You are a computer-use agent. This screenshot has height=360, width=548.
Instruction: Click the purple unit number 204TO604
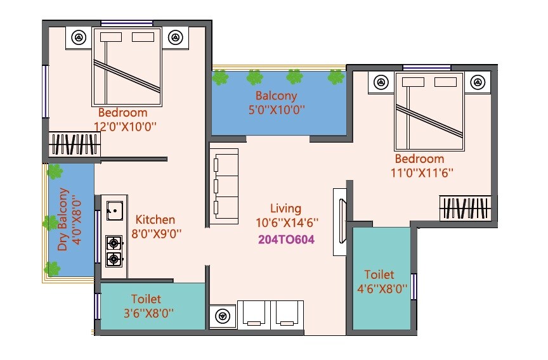[x=287, y=240]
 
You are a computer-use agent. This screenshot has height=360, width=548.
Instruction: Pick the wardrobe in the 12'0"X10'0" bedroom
[x=75, y=144]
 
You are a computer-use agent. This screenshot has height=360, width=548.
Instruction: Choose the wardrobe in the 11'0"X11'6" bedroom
[x=465, y=208]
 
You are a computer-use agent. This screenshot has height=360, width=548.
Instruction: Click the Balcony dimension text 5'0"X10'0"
[x=276, y=109]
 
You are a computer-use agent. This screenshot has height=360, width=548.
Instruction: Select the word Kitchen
[x=155, y=220]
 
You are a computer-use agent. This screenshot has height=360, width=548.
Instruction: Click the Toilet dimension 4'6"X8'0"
[x=379, y=289]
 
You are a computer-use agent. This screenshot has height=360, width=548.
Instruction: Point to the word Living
[x=285, y=209]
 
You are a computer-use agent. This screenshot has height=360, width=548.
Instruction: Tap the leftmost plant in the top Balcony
[x=220, y=78]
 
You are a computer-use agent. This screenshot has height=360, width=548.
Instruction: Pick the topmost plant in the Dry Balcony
[x=56, y=171]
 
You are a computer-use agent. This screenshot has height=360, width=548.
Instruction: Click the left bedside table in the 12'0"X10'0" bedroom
[x=79, y=37]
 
